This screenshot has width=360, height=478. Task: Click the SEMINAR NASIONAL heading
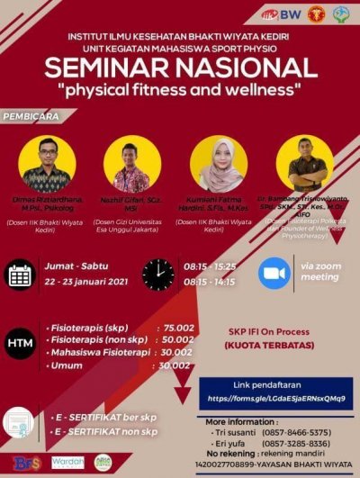(180, 69)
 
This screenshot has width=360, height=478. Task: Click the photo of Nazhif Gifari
(131, 165)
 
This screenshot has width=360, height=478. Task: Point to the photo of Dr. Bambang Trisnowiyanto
(304, 165)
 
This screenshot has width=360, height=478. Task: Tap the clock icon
(158, 274)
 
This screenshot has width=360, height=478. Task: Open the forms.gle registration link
(275, 396)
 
